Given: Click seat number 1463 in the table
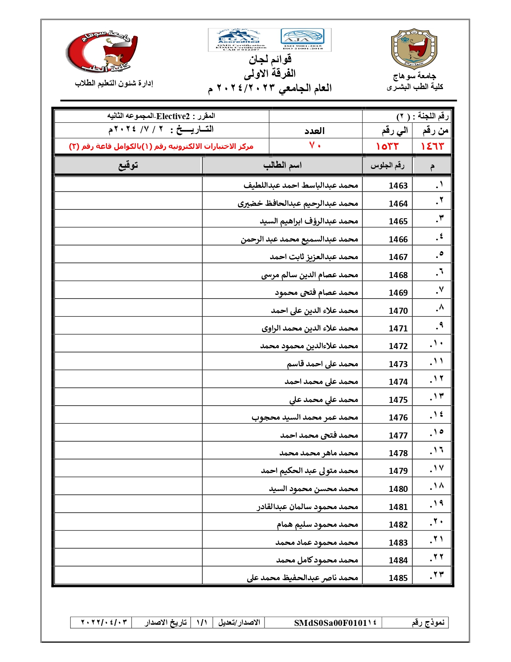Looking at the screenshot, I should pos(398,186).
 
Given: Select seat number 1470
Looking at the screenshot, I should pos(398,311).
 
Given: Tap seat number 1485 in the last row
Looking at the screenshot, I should pos(398,578).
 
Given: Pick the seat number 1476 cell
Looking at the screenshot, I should pos(398,418).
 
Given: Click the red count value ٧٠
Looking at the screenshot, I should pos(315,146).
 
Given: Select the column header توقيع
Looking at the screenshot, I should pos(128,165).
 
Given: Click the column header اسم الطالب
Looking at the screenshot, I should pos(282,165).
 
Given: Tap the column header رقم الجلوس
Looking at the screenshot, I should pos(387,166).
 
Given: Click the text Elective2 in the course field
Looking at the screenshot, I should pos(173,116).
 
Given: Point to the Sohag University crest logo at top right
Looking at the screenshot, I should pos(414,49).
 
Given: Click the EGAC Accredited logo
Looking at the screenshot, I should pos(239,39).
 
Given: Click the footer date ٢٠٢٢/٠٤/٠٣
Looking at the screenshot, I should pos(104,622).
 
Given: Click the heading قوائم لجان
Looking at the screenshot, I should pos(270,60).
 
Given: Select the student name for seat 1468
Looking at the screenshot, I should pos(309,275).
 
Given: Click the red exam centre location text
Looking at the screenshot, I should pos(161,146).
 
